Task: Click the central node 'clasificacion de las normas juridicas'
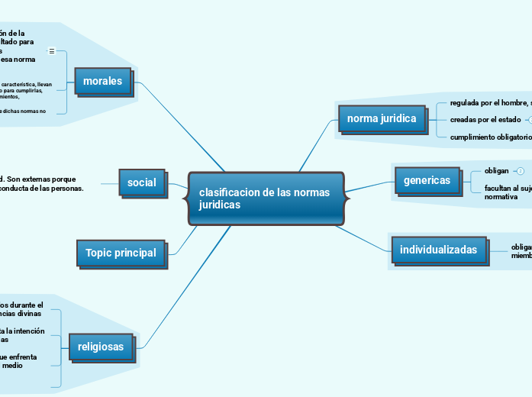pyautogui.click(x=266, y=198)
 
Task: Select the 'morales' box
pyautogui.click(x=102, y=81)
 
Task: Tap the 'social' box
pyautogui.click(x=141, y=182)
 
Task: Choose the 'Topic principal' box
pyautogui.click(x=121, y=253)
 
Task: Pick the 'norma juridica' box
pyautogui.click(x=381, y=119)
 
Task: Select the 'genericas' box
pyautogui.click(x=427, y=181)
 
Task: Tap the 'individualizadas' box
pyautogui.click(x=439, y=250)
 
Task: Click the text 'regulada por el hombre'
pyautogui.click(x=488, y=102)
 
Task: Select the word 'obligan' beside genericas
pyautogui.click(x=496, y=170)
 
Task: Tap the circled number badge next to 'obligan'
pyautogui.click(x=521, y=170)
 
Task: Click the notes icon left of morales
pyautogui.click(x=52, y=51)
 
